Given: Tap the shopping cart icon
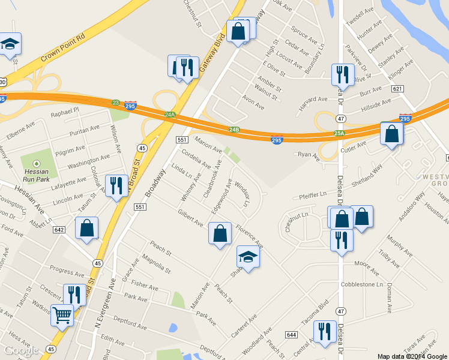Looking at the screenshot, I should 62,315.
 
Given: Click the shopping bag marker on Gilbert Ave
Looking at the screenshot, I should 220,233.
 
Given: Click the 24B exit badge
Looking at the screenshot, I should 234,129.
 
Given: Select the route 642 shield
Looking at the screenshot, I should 59,229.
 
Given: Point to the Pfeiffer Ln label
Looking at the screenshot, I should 313,194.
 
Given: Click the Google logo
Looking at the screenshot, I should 21,350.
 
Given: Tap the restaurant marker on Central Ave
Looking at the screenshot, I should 325,332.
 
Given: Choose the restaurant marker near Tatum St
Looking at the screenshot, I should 114,185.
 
